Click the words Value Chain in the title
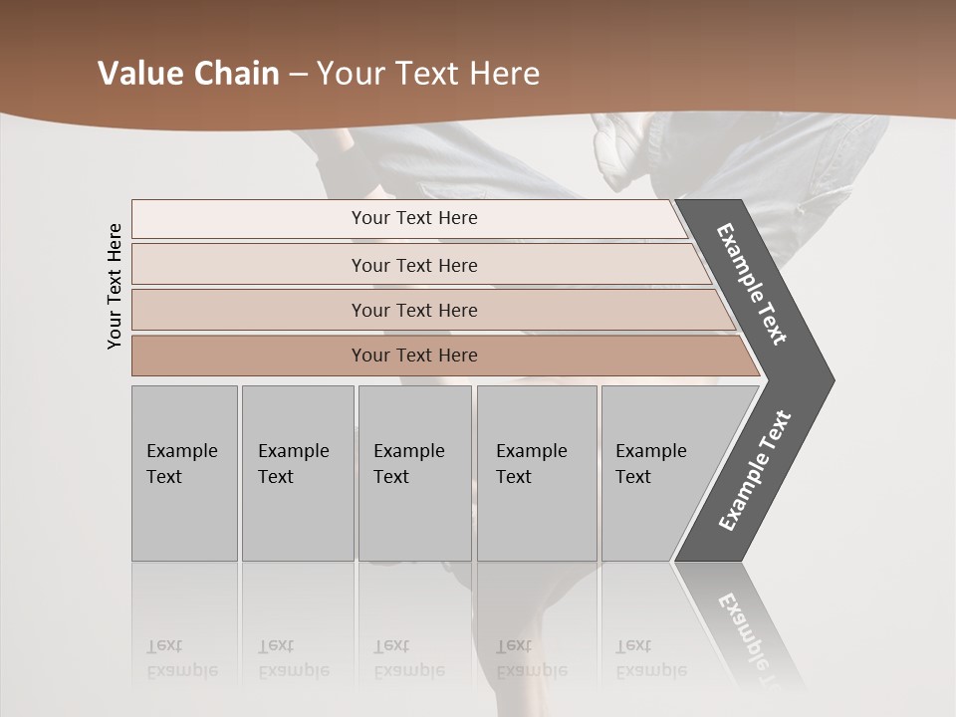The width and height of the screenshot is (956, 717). (188, 74)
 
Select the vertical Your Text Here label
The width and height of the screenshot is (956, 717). (115, 286)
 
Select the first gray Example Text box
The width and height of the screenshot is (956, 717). (184, 473)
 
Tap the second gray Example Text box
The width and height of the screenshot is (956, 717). (297, 473)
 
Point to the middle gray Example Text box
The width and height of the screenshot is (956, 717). (414, 473)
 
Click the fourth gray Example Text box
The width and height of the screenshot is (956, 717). (536, 473)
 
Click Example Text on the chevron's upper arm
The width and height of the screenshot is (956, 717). (752, 284)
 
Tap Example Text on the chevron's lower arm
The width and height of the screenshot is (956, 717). (755, 471)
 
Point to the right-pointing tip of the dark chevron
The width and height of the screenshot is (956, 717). (829, 379)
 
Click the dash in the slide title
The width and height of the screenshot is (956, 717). (298, 74)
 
